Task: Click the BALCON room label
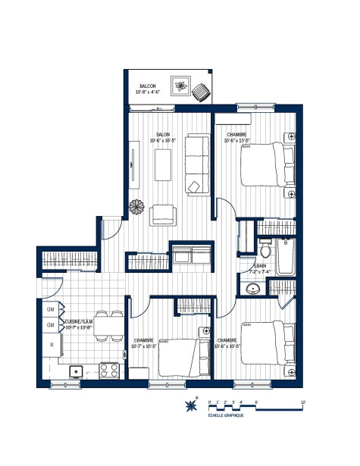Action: click(x=147, y=86)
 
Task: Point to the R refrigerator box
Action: click(x=51, y=345)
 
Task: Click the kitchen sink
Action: click(x=76, y=371)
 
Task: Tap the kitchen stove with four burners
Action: click(x=108, y=371)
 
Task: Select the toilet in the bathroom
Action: click(x=264, y=249)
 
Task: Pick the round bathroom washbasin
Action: click(x=253, y=288)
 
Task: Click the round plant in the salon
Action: click(x=136, y=207)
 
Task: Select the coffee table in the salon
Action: click(x=163, y=165)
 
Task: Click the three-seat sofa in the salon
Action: click(x=197, y=163)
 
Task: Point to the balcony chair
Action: click(x=202, y=92)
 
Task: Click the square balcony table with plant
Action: click(x=181, y=86)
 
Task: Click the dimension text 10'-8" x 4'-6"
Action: click(x=147, y=92)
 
